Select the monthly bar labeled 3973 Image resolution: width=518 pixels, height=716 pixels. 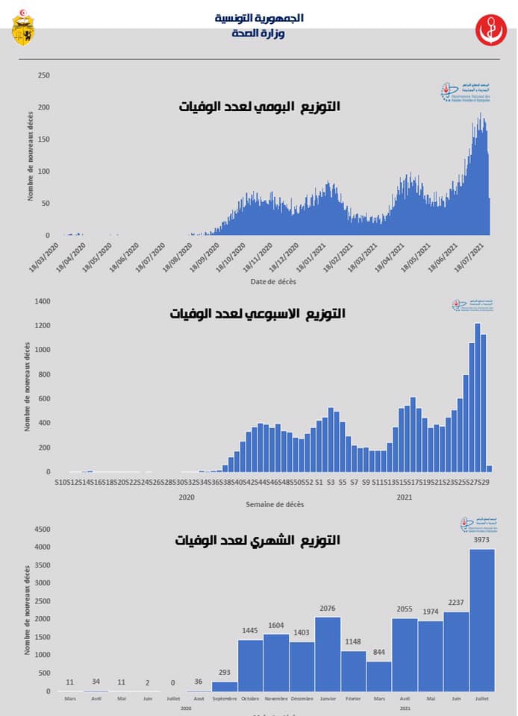pos(481,620)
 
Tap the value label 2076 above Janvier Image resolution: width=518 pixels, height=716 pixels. pos(327,609)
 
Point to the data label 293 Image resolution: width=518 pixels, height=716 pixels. pos(224,673)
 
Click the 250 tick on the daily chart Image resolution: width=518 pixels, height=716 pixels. pos(43,75)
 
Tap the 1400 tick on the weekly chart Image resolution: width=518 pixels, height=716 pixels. pos(41,301)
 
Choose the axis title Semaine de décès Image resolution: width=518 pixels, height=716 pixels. pos(275,505)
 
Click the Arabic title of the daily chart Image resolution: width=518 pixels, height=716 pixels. pos(259,107)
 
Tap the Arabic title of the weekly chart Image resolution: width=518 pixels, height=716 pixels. pos(258,314)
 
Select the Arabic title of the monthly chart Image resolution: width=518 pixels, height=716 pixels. pos(258,540)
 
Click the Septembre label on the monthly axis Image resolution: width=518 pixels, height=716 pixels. pos(224,699)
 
